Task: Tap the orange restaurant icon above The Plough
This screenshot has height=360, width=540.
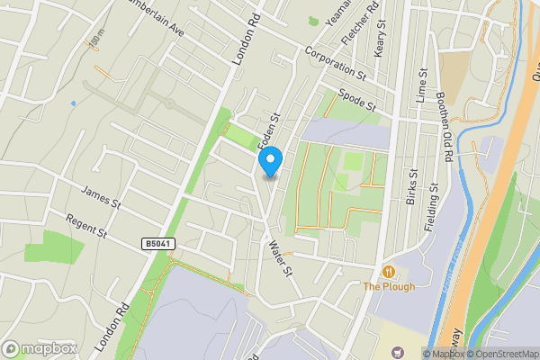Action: point(388,271)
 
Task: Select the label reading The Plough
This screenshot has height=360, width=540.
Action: point(388,286)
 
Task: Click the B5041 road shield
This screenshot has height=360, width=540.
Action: point(157,244)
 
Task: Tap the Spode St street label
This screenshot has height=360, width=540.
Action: point(357,99)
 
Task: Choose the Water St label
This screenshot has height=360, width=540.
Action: point(280,256)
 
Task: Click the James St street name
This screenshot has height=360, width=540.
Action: point(101,195)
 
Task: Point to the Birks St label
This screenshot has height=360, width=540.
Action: point(410,185)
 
